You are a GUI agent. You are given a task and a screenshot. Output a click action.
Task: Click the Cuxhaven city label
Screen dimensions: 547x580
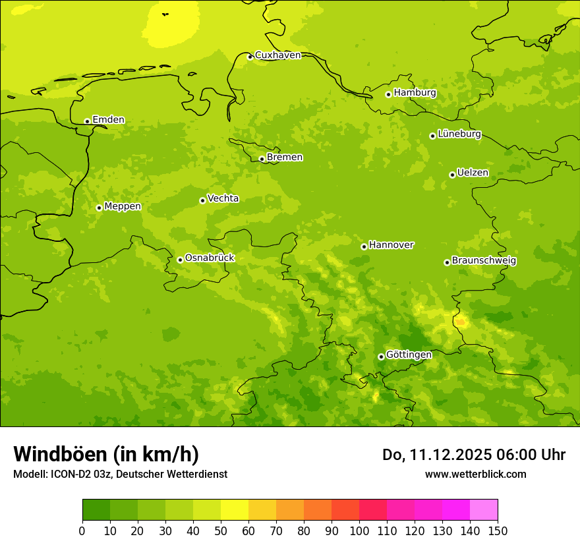(277, 55)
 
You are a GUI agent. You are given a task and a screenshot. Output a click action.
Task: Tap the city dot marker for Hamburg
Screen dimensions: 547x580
(388, 94)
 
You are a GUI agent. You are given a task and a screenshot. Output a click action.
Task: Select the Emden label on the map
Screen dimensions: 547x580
(108, 120)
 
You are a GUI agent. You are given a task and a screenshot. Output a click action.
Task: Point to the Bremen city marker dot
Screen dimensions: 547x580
(262, 159)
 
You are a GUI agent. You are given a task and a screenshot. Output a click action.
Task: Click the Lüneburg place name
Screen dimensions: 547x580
(459, 134)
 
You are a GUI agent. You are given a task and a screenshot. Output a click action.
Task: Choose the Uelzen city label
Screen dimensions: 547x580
(473, 173)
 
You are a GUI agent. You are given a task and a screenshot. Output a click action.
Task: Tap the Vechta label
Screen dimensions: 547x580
(223, 198)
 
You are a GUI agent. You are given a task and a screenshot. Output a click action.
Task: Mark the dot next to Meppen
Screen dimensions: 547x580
(99, 208)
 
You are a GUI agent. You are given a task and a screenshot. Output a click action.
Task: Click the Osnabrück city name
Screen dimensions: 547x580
(210, 258)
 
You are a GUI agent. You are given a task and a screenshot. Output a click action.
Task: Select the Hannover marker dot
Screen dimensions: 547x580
(364, 246)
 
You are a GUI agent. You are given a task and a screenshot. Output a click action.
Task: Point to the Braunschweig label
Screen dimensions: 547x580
(484, 261)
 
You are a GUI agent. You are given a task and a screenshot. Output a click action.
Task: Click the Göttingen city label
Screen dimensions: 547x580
(409, 355)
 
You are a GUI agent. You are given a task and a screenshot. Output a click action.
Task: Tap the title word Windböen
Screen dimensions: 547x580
(60, 454)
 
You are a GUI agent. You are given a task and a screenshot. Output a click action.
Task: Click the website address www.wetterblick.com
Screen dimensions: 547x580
(475, 474)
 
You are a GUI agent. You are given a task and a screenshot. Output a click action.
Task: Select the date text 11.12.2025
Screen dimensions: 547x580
(450, 455)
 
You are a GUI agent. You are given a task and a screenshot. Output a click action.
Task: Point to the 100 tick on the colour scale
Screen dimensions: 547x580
(359, 531)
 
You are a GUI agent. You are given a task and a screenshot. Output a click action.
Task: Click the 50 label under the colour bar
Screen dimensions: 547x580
(221, 531)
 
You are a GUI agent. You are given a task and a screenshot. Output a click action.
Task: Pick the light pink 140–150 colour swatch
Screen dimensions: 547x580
(484, 510)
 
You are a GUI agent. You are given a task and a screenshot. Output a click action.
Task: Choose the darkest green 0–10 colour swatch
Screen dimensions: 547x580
(96, 510)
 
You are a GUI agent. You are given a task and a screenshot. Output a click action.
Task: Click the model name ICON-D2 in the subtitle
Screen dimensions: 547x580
(70, 474)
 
